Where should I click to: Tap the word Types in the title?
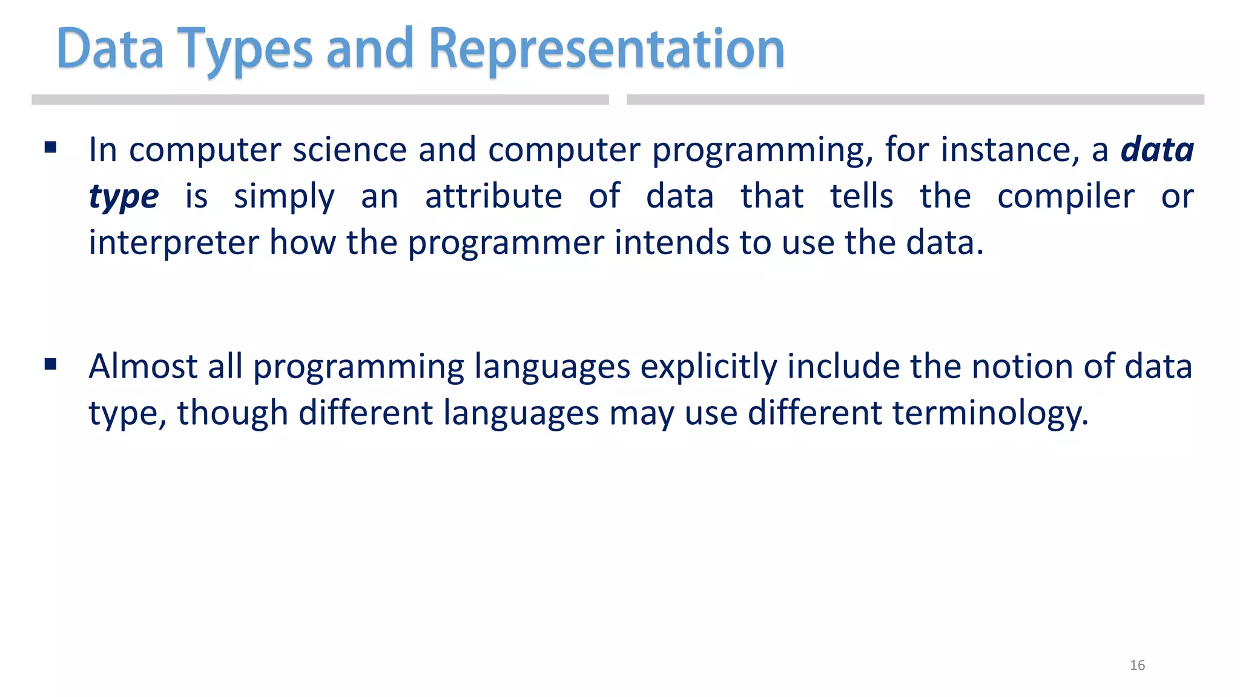click(x=245, y=50)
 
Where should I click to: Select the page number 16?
click(x=1137, y=665)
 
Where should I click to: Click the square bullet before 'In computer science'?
click(x=50, y=147)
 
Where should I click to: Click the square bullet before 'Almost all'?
click(x=50, y=364)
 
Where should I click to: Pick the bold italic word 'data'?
click(x=1157, y=149)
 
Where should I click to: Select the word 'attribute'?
click(x=493, y=196)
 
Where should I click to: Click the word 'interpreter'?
click(x=174, y=243)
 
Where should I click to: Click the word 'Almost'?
click(x=143, y=366)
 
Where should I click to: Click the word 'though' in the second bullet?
click(x=232, y=414)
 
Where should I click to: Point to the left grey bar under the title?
click(x=320, y=100)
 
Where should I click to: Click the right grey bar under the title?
click(x=915, y=100)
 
